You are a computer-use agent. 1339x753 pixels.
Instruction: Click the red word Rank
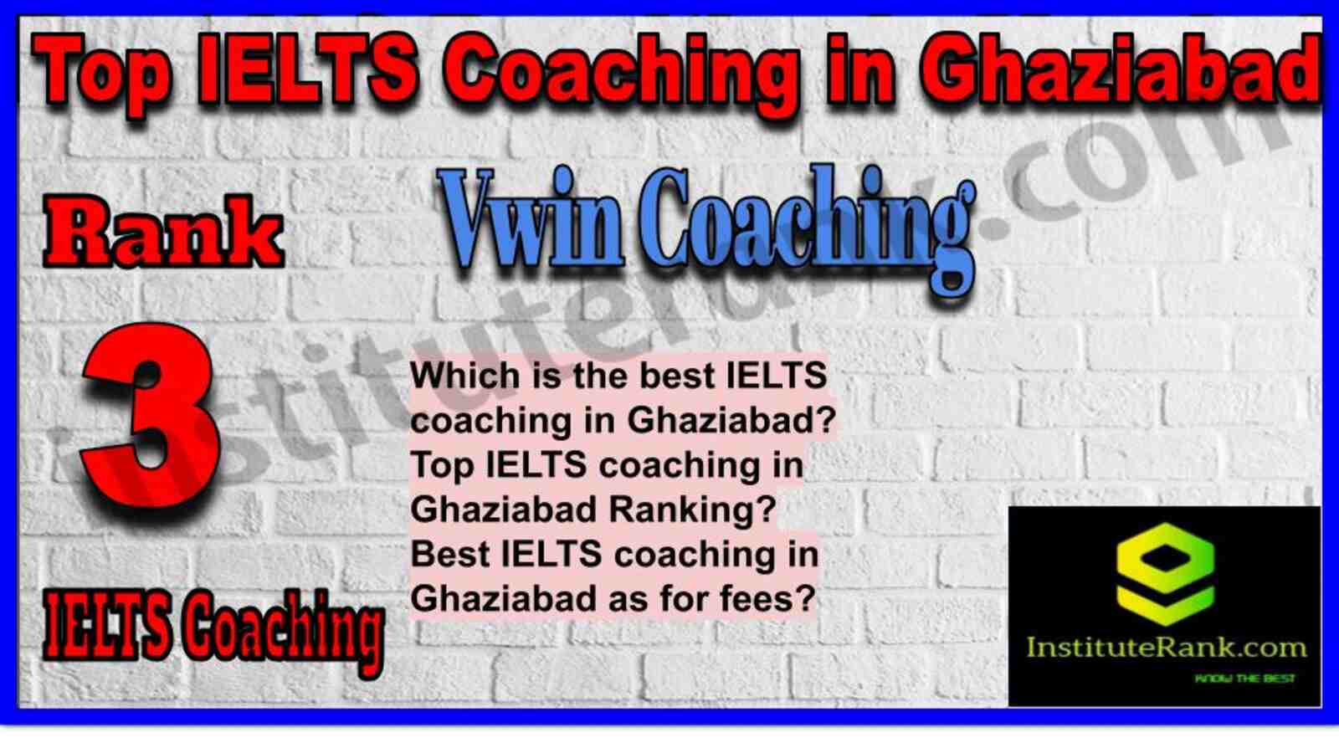(162, 231)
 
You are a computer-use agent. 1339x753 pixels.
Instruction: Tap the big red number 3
(150, 418)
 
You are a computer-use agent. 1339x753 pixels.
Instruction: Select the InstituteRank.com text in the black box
(1166, 648)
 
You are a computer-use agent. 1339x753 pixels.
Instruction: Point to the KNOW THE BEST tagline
(1244, 679)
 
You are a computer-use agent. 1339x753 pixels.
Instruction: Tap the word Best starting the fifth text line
(450, 554)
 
